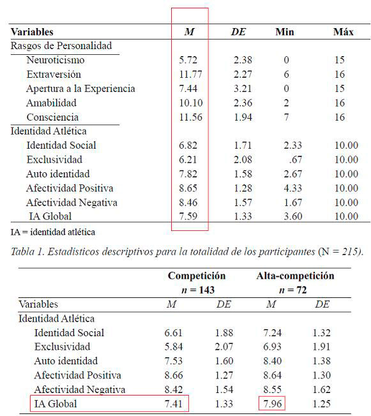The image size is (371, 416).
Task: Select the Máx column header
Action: click(343, 32)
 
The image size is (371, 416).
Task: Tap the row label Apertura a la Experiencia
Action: click(80, 89)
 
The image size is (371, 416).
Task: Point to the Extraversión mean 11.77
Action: click(190, 75)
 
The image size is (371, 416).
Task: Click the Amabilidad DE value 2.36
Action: click(242, 103)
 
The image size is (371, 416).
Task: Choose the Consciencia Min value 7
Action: click(287, 117)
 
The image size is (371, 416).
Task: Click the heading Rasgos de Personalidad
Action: click(61, 46)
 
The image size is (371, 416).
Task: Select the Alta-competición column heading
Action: click(295, 276)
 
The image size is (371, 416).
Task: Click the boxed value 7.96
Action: click(271, 404)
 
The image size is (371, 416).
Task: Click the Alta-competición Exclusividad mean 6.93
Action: click(271, 346)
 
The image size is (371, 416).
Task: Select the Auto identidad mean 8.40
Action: click(271, 361)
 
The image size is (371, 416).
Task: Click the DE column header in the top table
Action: click(239, 32)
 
